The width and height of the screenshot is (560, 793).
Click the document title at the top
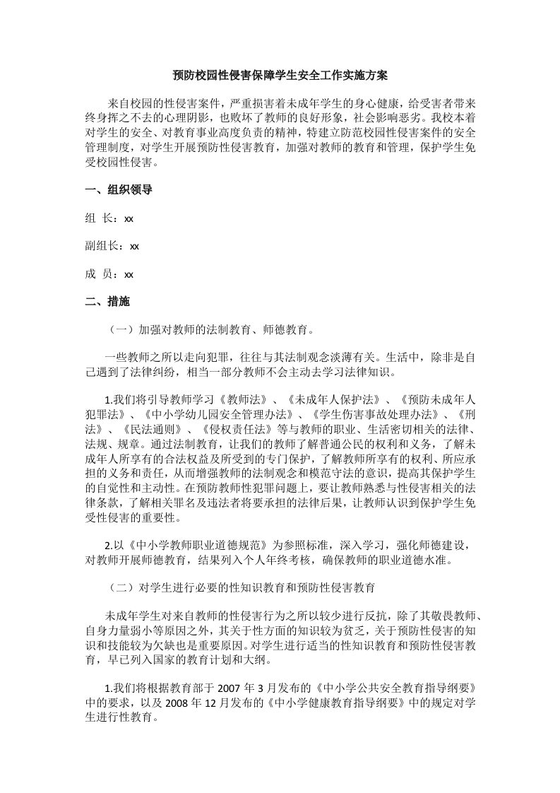(x=280, y=74)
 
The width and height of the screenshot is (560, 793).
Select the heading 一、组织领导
(x=119, y=189)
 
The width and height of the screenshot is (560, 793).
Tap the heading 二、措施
(x=107, y=301)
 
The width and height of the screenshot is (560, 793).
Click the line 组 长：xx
(x=109, y=218)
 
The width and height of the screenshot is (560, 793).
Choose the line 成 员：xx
(x=109, y=274)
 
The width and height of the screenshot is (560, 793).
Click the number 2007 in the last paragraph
(x=229, y=688)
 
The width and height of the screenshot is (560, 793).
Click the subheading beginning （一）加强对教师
(x=210, y=329)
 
